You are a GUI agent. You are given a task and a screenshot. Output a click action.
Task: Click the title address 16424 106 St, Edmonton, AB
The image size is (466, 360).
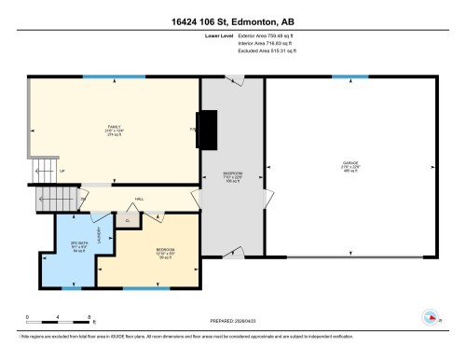point(233,19)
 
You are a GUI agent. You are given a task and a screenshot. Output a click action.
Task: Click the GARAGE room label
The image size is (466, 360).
point(349,166)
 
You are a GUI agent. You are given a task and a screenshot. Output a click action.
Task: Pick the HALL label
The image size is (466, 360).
point(139,199)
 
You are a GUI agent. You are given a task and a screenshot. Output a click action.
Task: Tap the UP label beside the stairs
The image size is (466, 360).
point(62,172)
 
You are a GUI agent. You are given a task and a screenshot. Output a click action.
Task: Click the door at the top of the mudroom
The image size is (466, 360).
point(233,78)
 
